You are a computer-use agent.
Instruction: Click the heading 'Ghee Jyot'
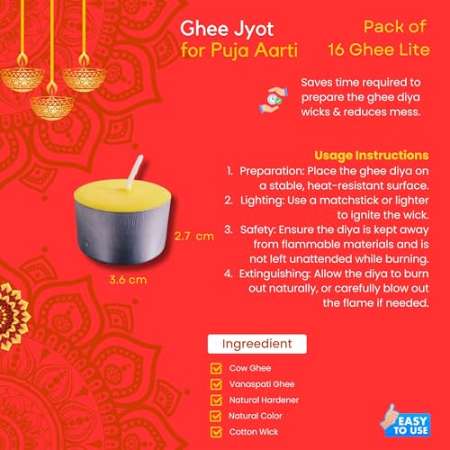pos(227,30)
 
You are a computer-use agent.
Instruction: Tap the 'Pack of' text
pos(395,27)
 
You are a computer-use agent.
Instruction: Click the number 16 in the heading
pos(337,49)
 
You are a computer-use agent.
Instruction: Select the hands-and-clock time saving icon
pos(274,100)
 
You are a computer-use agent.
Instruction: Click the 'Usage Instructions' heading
pos(372,156)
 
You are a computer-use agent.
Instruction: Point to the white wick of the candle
pos(135,172)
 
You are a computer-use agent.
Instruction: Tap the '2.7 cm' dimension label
pos(194,237)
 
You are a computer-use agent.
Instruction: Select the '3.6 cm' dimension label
pos(128,280)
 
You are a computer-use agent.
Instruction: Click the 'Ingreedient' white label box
pos(257,344)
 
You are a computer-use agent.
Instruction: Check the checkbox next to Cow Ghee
pos(216,368)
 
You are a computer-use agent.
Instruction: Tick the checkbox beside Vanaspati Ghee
pos(216,384)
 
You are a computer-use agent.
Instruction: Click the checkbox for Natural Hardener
pos(216,400)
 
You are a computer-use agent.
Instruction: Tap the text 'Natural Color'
pos(256,416)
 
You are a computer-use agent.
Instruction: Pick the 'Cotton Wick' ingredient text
pos(254,432)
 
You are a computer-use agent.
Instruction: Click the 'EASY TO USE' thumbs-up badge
pos(406,421)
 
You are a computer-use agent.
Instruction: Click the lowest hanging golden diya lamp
pos(52,105)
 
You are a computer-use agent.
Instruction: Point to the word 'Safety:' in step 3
pos(257,230)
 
